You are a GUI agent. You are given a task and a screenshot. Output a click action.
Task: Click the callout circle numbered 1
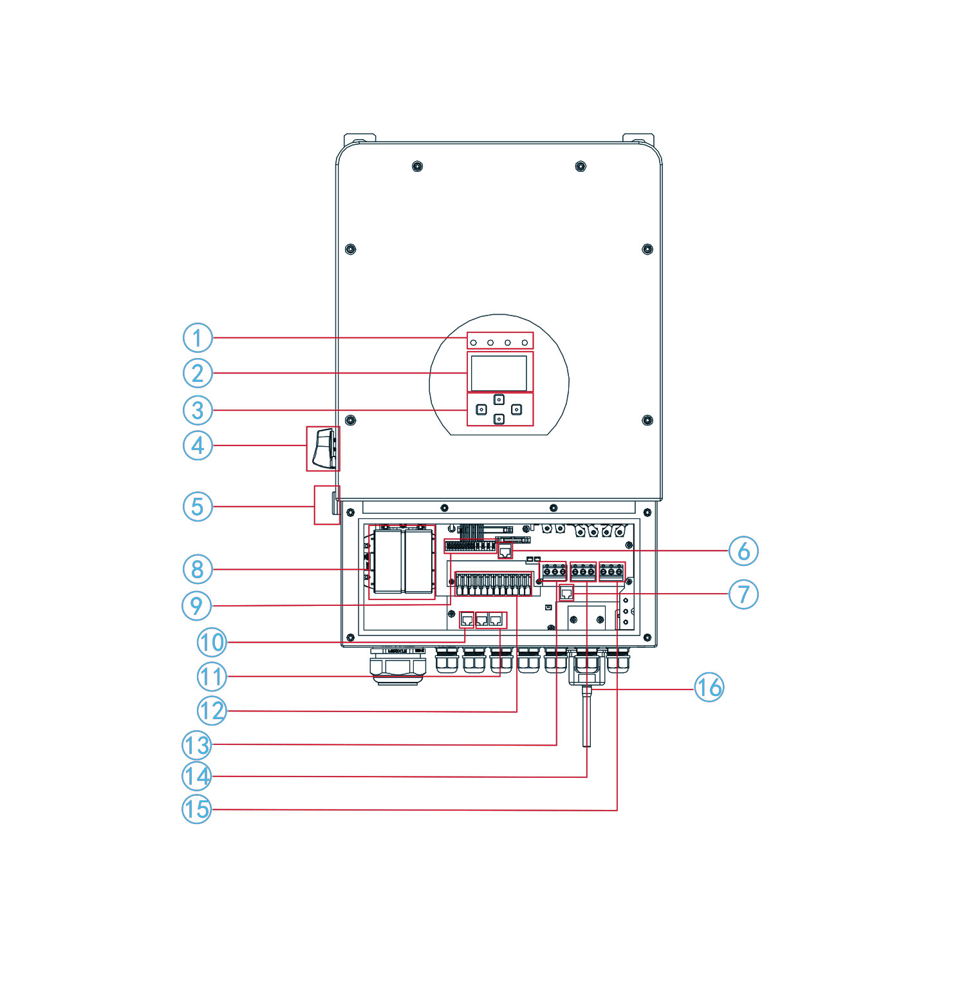[198, 337]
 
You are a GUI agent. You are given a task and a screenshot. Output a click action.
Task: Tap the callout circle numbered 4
[198, 445]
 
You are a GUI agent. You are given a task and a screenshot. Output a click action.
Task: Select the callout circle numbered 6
[743, 551]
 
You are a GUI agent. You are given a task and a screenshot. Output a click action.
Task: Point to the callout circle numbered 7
[743, 594]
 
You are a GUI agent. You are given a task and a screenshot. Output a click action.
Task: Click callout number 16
[709, 688]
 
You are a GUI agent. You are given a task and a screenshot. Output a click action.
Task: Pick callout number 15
[196, 809]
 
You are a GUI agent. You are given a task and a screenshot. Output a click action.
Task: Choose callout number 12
[212, 711]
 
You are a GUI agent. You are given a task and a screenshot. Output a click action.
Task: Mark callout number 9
[196, 605]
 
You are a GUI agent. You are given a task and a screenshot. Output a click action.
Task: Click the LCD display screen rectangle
[499, 372]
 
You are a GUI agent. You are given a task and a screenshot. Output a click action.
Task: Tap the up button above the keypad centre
[499, 400]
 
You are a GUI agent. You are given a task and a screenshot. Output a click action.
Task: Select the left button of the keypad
[481, 410]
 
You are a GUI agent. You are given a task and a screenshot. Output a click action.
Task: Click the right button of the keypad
[516, 410]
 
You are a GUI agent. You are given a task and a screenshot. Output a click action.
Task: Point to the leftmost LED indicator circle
[474, 342]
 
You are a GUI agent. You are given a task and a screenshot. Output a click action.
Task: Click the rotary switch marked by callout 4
[324, 448]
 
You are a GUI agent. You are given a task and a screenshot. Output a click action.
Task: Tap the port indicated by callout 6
[505, 551]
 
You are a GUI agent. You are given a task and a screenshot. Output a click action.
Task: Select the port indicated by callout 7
[566, 593]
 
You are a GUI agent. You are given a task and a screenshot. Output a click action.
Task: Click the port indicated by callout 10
[467, 621]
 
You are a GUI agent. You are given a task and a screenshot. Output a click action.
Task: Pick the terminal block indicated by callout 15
[611, 571]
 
